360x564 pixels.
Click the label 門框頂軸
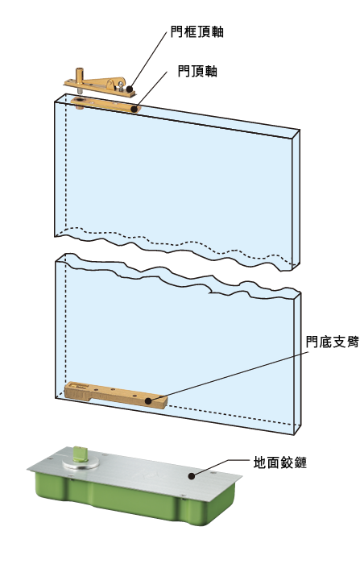(197, 31)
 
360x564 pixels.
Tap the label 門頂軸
(197, 71)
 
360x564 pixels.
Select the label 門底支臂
(332, 342)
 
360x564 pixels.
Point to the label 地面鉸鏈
(280, 462)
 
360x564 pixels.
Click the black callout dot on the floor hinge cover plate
(192, 476)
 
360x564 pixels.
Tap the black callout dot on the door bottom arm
(148, 400)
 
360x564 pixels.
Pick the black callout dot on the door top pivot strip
(134, 108)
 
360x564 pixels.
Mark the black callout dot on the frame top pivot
(130, 88)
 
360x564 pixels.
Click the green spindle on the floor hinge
(78, 453)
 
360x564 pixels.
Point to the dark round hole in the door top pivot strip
(78, 100)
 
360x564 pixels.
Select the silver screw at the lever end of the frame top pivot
(122, 85)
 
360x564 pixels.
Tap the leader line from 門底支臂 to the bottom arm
(229, 376)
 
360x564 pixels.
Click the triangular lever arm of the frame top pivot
(105, 82)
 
